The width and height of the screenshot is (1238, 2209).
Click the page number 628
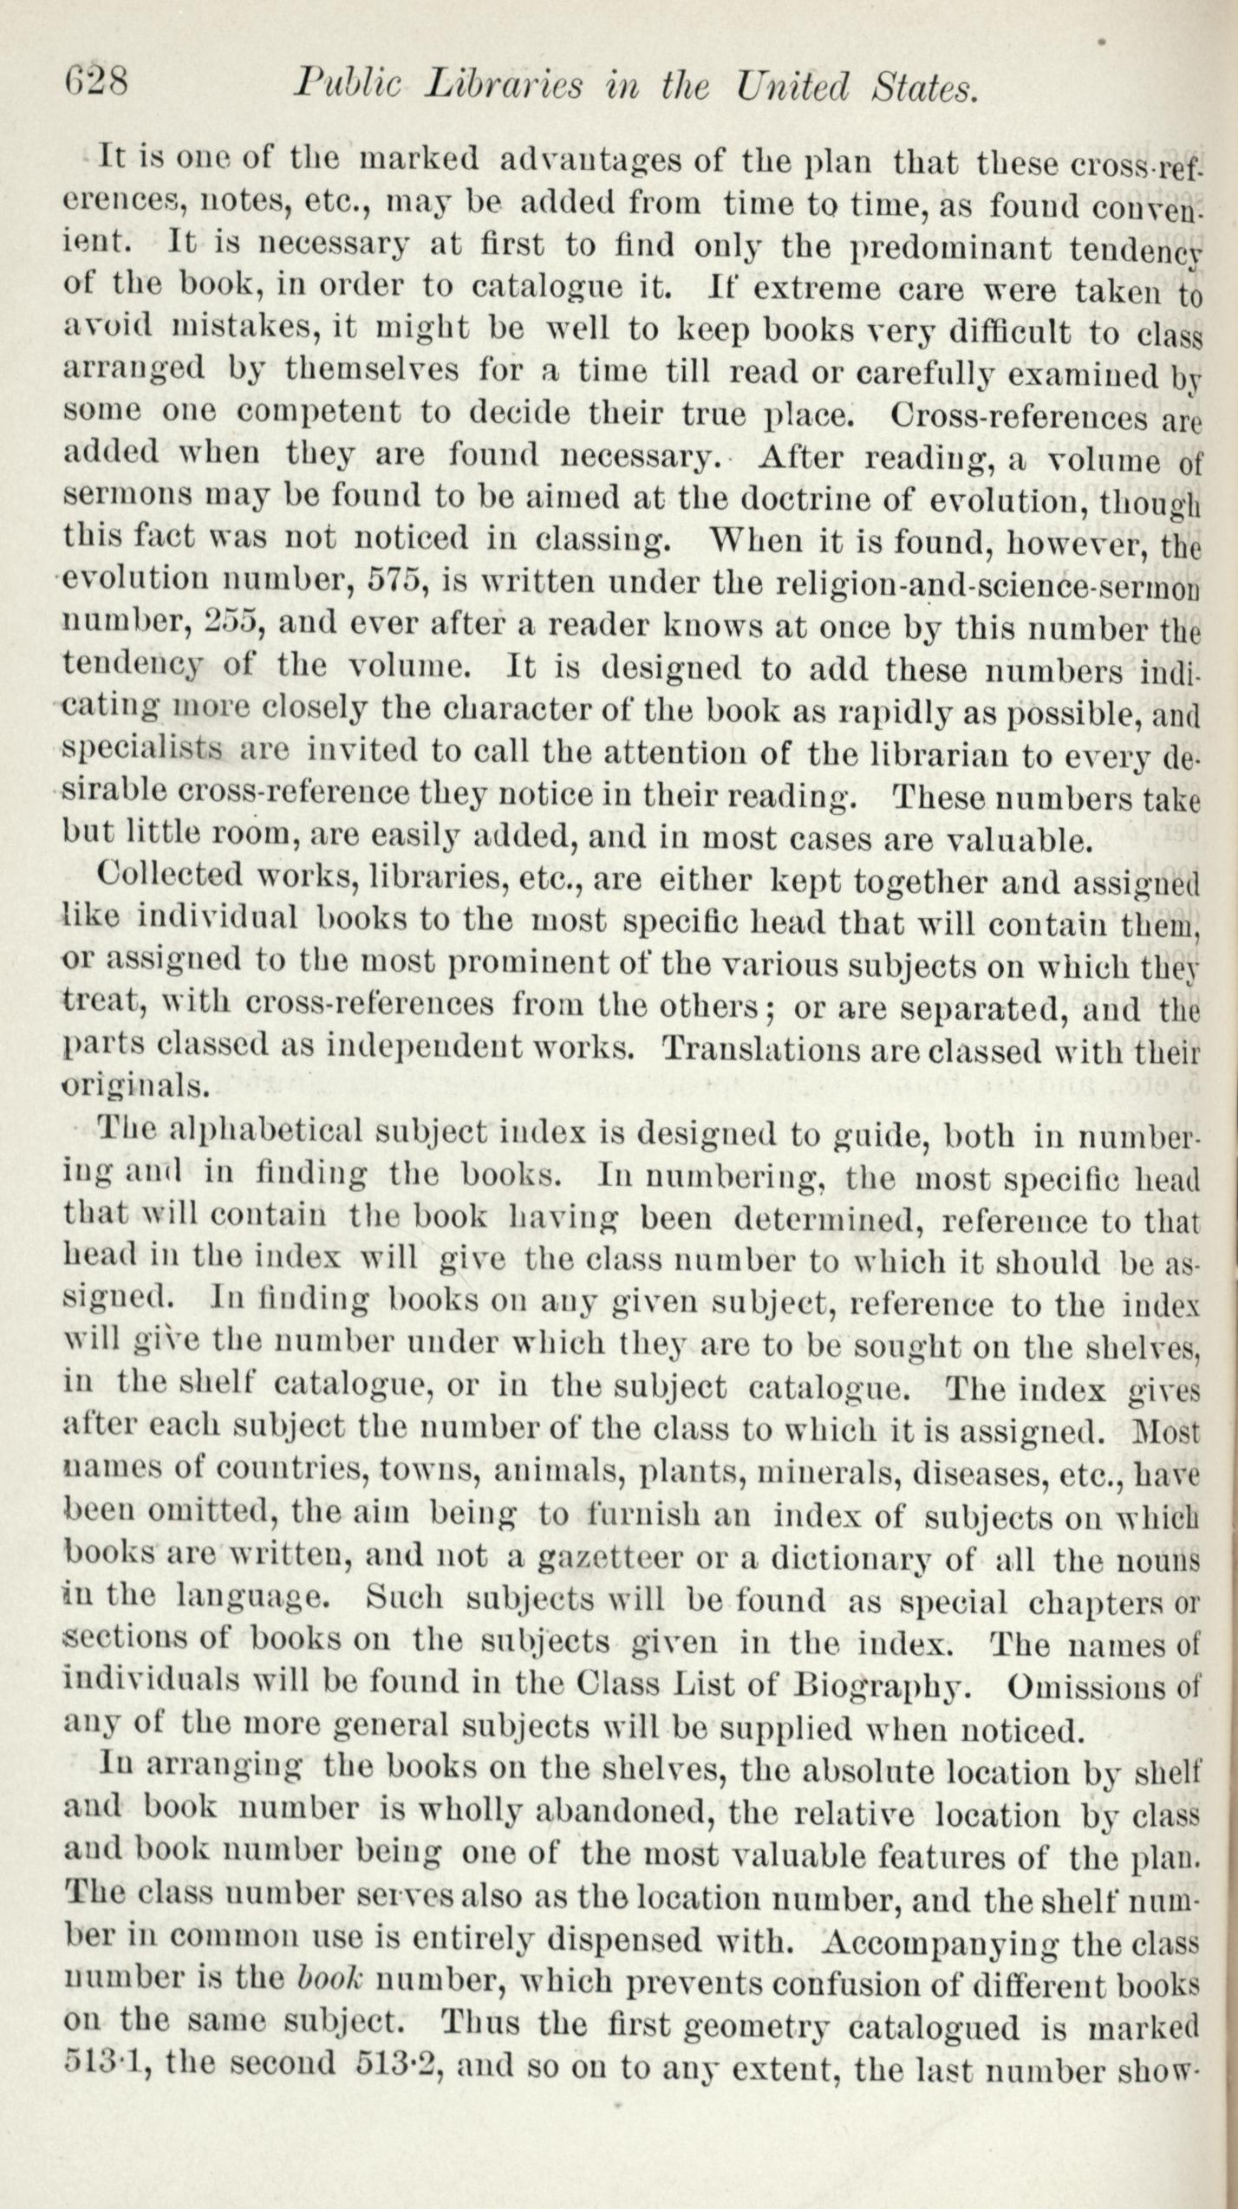tap(97, 84)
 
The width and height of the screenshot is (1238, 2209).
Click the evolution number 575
tap(394, 578)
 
